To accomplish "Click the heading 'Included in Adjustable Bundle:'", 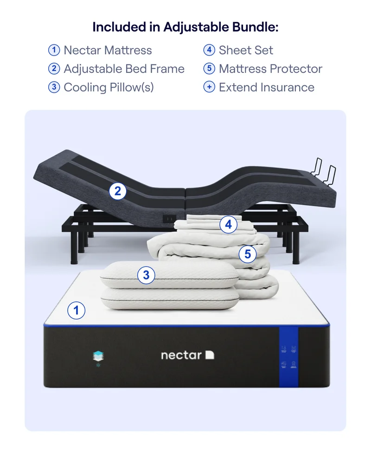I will point(185,27).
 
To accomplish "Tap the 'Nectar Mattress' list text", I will point(108,50).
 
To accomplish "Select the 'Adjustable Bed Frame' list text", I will point(124,69).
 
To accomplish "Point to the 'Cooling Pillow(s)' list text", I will point(109,87).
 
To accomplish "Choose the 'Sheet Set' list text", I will point(246,50).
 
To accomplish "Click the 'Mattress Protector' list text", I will point(270,69).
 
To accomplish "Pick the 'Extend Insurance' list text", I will point(266,87).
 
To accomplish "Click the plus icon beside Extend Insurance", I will point(209,87).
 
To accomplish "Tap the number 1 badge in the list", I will point(54,50).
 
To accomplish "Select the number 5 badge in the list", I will point(209,69).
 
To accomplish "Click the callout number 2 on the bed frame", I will point(118,191).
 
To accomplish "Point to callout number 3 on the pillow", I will point(146,275).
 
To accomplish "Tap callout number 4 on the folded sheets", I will point(228,225).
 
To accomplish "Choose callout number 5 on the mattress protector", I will point(248,254).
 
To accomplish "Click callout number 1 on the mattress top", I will point(77,310).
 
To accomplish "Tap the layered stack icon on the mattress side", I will point(98,356).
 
